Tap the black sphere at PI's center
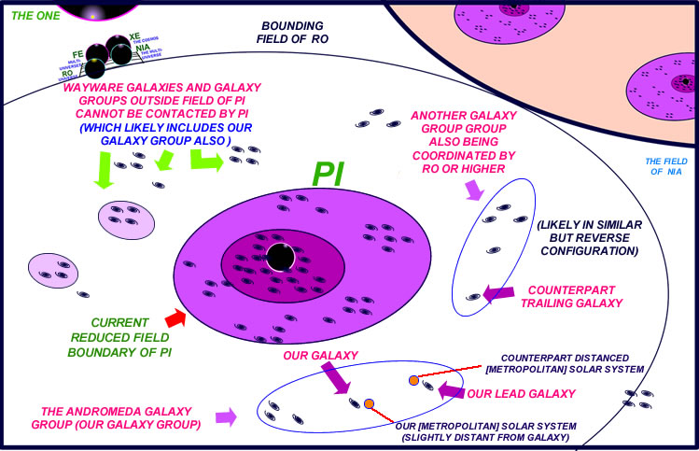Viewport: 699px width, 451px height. [x=277, y=257]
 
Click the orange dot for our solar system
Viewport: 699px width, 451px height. [x=370, y=402]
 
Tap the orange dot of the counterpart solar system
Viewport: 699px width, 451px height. [x=413, y=380]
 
